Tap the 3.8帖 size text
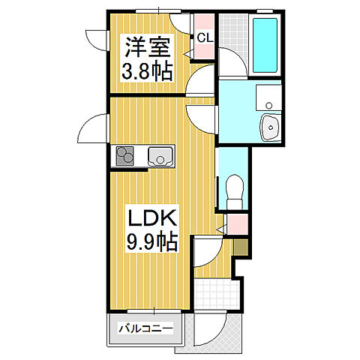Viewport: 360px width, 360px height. coord(147,72)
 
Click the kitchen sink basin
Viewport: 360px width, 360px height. coord(160,157)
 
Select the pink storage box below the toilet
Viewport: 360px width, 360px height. coord(237,223)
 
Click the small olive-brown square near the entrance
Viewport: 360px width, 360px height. coord(241,248)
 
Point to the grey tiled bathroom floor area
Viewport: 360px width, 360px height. coord(234,45)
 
